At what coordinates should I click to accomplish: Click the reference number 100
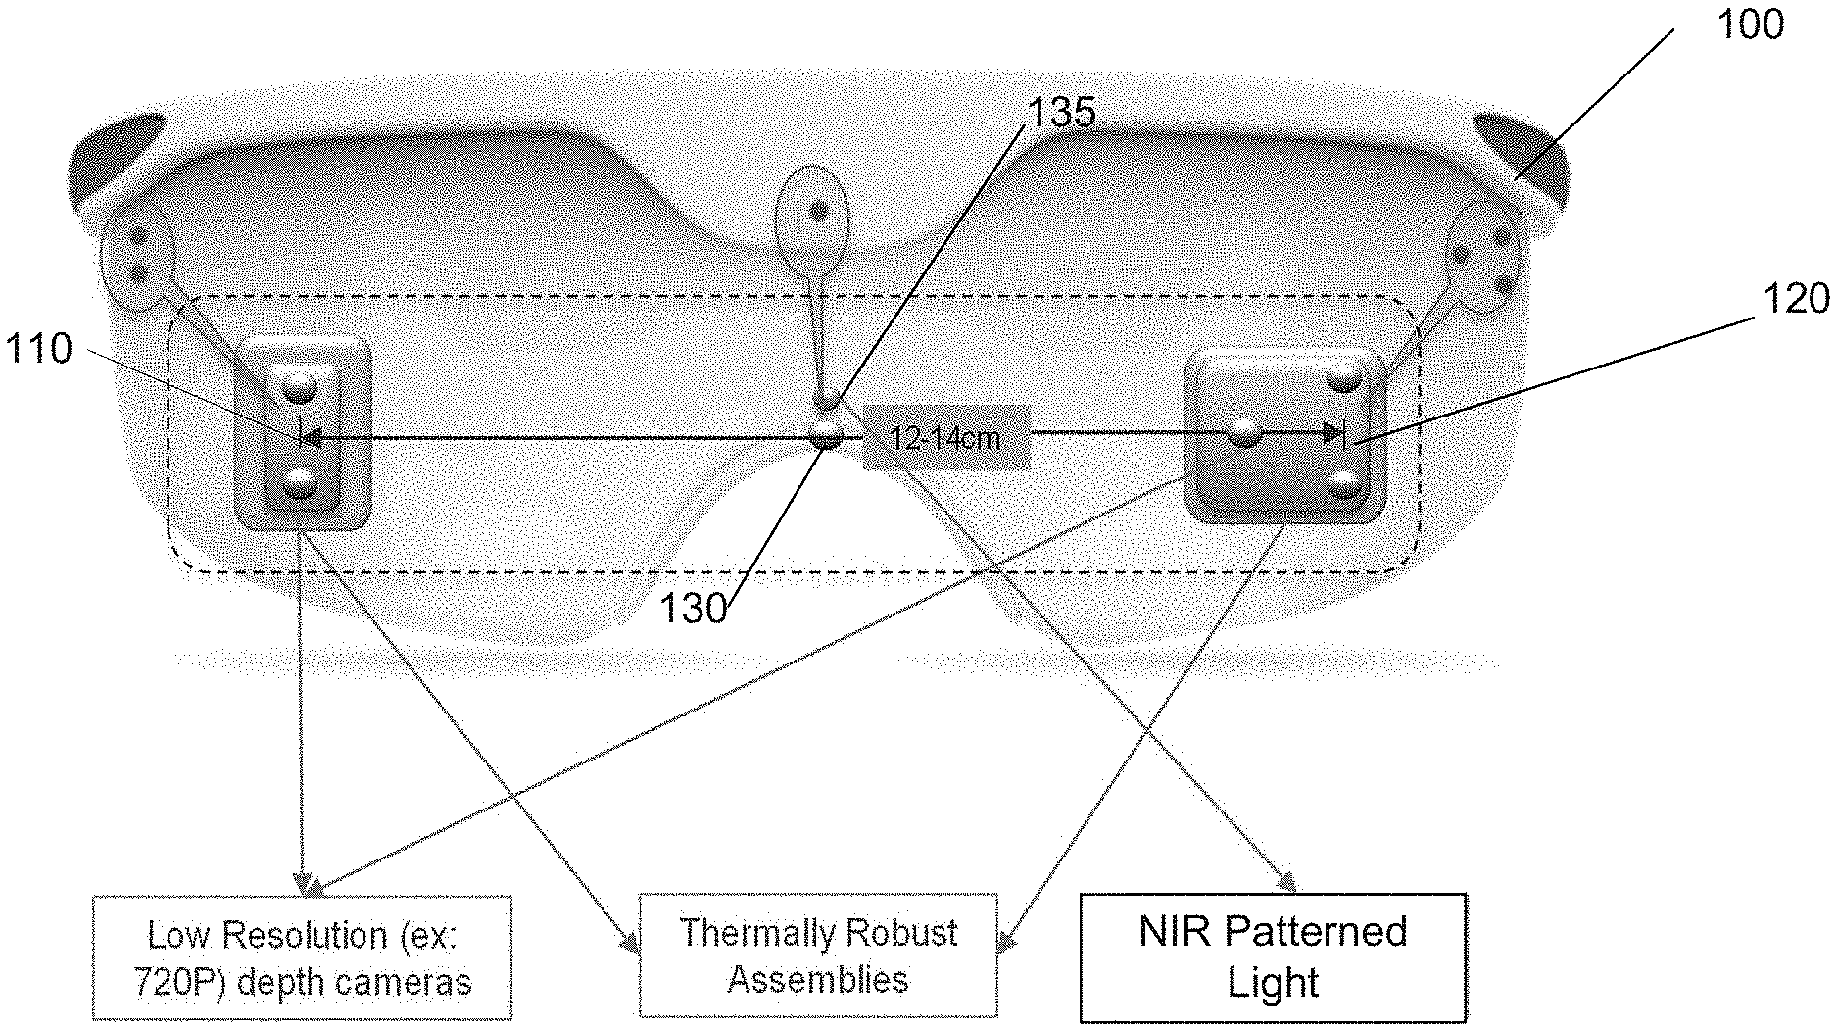[x=1751, y=25]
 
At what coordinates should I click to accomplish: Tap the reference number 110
[x=39, y=349]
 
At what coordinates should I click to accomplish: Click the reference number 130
[x=693, y=610]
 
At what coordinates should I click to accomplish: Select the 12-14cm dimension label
[x=945, y=437]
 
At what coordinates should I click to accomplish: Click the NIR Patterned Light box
[x=1273, y=957]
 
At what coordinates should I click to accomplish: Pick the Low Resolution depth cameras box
[x=303, y=957]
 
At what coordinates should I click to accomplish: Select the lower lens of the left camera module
[x=300, y=482]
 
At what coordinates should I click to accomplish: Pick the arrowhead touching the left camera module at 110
[x=308, y=438]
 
